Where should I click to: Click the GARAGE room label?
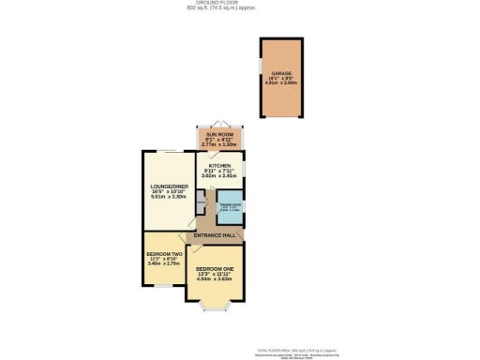click(x=281, y=72)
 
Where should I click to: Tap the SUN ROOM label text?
click(x=217, y=135)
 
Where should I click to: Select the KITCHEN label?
click(x=217, y=164)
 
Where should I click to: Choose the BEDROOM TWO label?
click(x=163, y=253)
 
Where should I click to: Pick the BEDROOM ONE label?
click(x=214, y=268)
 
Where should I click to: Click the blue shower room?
click(x=231, y=208)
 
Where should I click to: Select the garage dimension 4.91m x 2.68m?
click(x=281, y=83)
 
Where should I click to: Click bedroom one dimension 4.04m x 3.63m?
click(x=214, y=279)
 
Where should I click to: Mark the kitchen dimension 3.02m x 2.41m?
click(x=217, y=175)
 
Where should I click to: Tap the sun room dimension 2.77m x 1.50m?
click(x=217, y=146)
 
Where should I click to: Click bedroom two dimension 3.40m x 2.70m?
click(x=163, y=264)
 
